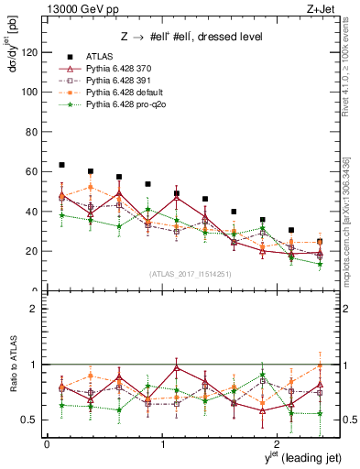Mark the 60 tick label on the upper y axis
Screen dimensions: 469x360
point(32,171)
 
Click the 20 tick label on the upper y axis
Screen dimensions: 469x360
point(32,251)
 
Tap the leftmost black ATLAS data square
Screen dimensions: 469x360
point(61,165)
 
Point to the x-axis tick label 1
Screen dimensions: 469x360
point(162,444)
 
